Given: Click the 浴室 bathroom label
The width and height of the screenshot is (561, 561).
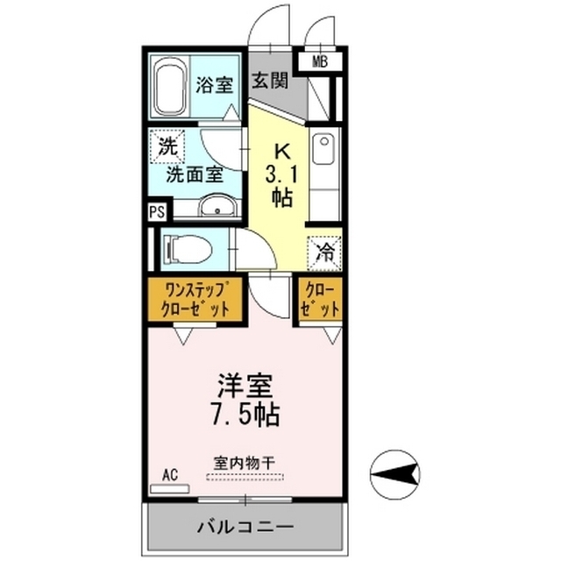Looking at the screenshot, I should point(214,85).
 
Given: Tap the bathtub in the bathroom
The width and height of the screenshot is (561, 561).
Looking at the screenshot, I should point(169,88).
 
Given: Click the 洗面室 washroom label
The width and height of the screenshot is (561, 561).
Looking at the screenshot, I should point(196,174).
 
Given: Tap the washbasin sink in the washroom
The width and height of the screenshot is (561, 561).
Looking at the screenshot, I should point(217,207).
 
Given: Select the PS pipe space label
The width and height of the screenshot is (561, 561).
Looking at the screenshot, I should point(156,211).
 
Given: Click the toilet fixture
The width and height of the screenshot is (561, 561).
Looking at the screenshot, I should point(188,250).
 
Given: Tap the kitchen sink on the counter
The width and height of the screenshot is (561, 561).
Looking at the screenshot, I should point(323,148).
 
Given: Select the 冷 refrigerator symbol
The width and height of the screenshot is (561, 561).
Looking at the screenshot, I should point(324,253).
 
